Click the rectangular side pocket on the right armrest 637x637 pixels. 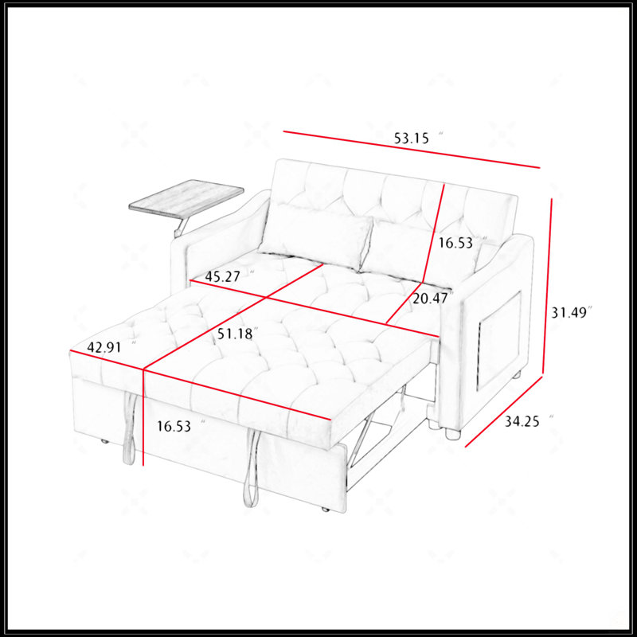(x=500, y=340)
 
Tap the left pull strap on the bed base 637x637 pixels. (x=130, y=428)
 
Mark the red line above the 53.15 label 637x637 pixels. (x=412, y=149)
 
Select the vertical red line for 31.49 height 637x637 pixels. (x=547, y=287)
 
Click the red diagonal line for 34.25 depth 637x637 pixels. (x=504, y=412)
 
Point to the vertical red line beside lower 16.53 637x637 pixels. (x=143, y=417)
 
